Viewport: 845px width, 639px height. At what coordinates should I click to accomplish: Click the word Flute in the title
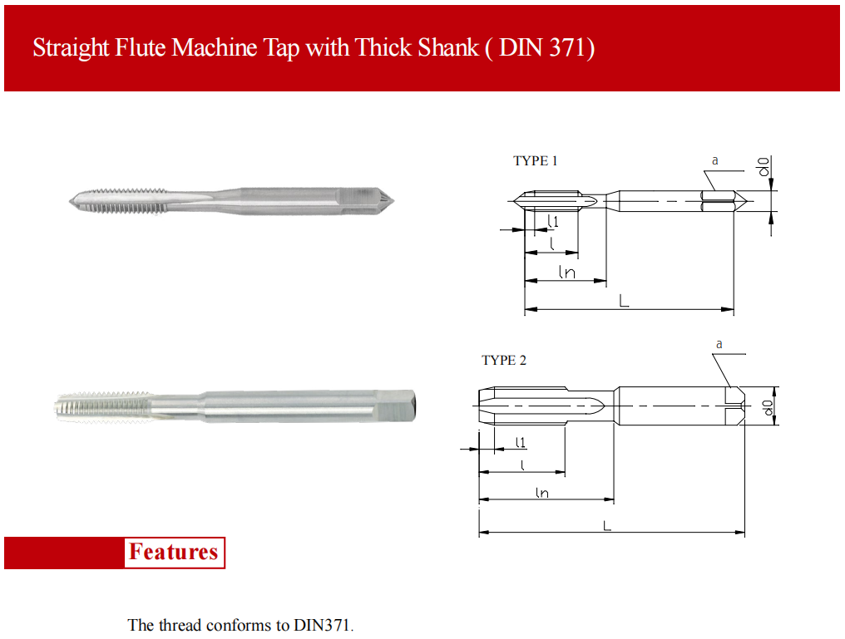[140, 47]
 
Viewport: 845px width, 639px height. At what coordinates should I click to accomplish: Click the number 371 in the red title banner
[567, 47]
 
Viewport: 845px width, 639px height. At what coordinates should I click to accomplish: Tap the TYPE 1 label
[535, 160]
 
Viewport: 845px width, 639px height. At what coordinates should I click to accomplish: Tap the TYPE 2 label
[504, 360]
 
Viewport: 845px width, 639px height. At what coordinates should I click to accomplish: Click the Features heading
[174, 552]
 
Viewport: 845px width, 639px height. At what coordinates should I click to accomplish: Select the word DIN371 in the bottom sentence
[323, 625]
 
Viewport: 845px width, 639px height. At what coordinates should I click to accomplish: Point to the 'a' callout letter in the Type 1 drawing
[715, 160]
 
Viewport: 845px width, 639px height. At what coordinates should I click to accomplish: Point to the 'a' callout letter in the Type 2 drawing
[719, 344]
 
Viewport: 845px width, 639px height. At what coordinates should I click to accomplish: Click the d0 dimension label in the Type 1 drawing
[763, 166]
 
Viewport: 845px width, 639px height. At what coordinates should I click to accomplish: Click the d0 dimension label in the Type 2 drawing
[768, 407]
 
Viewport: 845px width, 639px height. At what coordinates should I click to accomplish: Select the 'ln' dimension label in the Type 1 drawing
[567, 272]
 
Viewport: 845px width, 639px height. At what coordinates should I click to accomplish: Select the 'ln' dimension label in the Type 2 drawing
[542, 492]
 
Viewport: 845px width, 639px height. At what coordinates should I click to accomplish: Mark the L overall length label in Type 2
[607, 525]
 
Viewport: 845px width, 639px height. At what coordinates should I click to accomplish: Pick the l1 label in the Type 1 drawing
[552, 221]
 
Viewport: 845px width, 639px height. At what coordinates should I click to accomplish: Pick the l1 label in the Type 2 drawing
[520, 442]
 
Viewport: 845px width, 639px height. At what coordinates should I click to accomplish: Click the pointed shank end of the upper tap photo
[389, 202]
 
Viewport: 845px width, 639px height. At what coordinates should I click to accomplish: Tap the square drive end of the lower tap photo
[396, 406]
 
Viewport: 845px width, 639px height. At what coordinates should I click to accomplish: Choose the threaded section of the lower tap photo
[102, 406]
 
